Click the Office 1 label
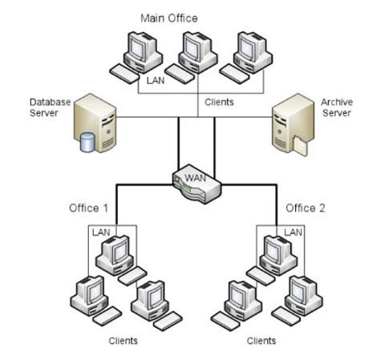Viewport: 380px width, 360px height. pyautogui.click(x=87, y=208)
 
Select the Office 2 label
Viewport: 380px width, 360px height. pyautogui.click(x=306, y=208)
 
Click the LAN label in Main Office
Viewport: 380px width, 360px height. pyautogui.click(x=155, y=80)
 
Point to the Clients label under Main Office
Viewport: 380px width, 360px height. pyautogui.click(x=219, y=103)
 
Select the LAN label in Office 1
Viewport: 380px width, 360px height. pyautogui.click(x=101, y=232)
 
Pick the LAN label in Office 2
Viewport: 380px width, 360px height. pyautogui.click(x=293, y=232)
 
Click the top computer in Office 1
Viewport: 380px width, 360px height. pyautogui.click(x=114, y=255)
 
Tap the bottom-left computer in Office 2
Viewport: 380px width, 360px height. pyautogui.click(x=240, y=301)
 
